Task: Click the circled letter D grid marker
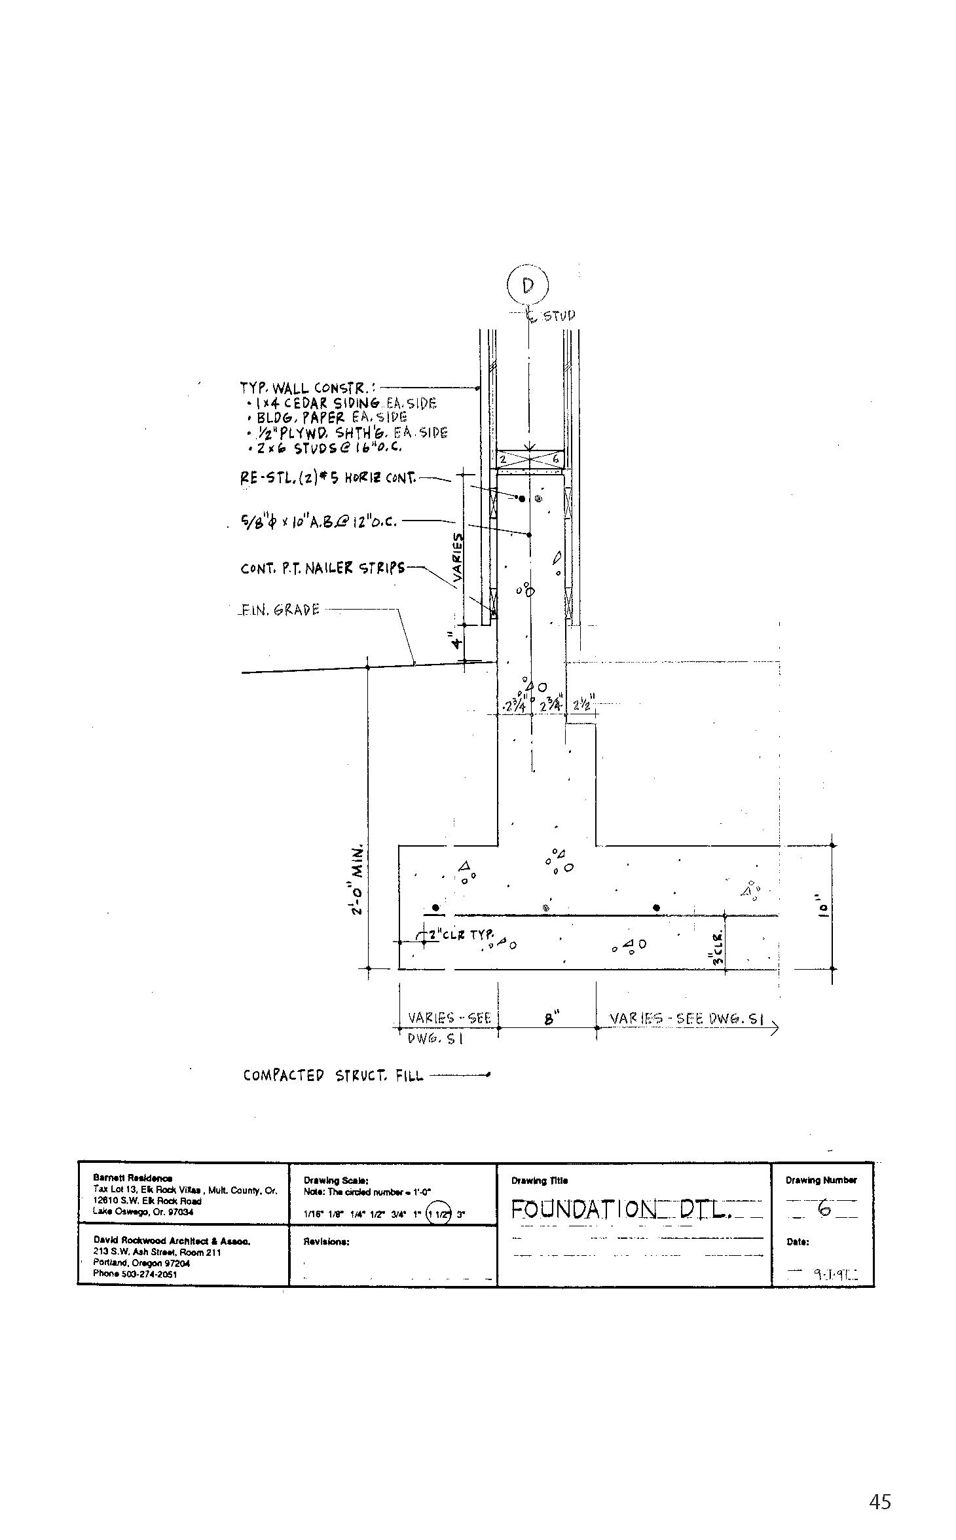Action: tap(528, 285)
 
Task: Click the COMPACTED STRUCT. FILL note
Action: tap(333, 1075)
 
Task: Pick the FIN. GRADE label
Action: tap(280, 610)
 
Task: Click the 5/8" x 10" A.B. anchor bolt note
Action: tap(319, 523)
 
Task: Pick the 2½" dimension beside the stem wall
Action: tap(581, 705)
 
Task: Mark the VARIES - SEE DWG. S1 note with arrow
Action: tap(688, 1019)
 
